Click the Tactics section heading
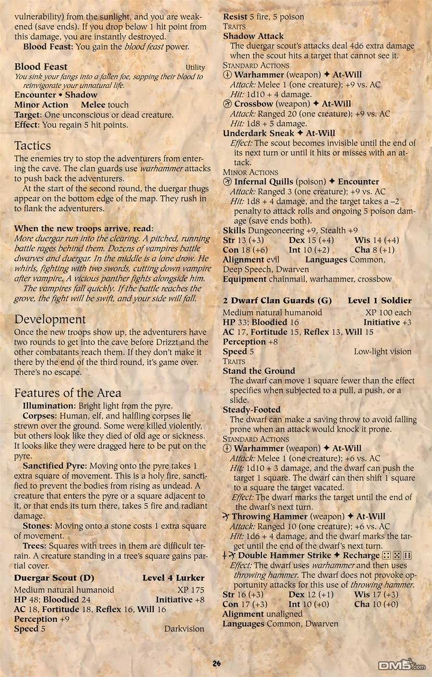tap(33, 146)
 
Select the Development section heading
tap(50, 320)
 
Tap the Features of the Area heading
tap(68, 393)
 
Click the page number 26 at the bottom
tap(216, 664)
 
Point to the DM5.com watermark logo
tap(401, 665)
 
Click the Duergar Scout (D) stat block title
tap(54, 578)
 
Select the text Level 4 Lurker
tap(173, 578)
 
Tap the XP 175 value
tap(191, 590)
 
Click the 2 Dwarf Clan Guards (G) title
tap(277, 300)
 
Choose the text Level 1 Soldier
tap(380, 300)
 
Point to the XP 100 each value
tap(388, 312)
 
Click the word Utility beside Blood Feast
tap(195, 68)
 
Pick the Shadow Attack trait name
tap(253, 36)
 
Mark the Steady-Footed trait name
tap(252, 410)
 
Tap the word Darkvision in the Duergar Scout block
tap(184, 629)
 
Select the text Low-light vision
tap(383, 351)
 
